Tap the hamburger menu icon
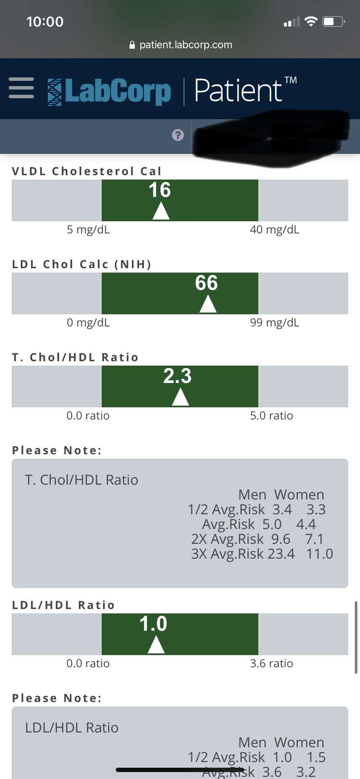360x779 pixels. pos(21,88)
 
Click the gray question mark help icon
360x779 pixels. pos(178,135)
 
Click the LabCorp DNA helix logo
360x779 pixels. pos(55,92)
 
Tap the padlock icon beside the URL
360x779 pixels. pos(132,45)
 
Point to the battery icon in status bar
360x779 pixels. pos(333,21)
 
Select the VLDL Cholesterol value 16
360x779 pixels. pos(160,190)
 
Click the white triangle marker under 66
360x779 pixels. pos(208,304)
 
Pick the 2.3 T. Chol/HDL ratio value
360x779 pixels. pos(177,376)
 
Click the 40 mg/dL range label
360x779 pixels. pos(274,230)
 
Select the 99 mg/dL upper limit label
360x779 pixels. pos(274,323)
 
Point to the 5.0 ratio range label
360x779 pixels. pos(271,416)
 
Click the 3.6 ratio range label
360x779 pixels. pos(271,663)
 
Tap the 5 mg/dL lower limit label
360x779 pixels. pos(88,230)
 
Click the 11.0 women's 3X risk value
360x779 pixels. pos(320,554)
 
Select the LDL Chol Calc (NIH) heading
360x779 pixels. pos(82,264)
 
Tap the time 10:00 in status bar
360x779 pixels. pos(45,22)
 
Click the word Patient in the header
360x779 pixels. pos(238,90)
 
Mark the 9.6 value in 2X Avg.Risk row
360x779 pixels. pos(280,539)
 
